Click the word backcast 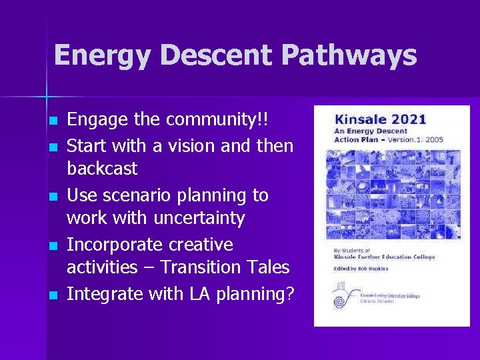point(102,169)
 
